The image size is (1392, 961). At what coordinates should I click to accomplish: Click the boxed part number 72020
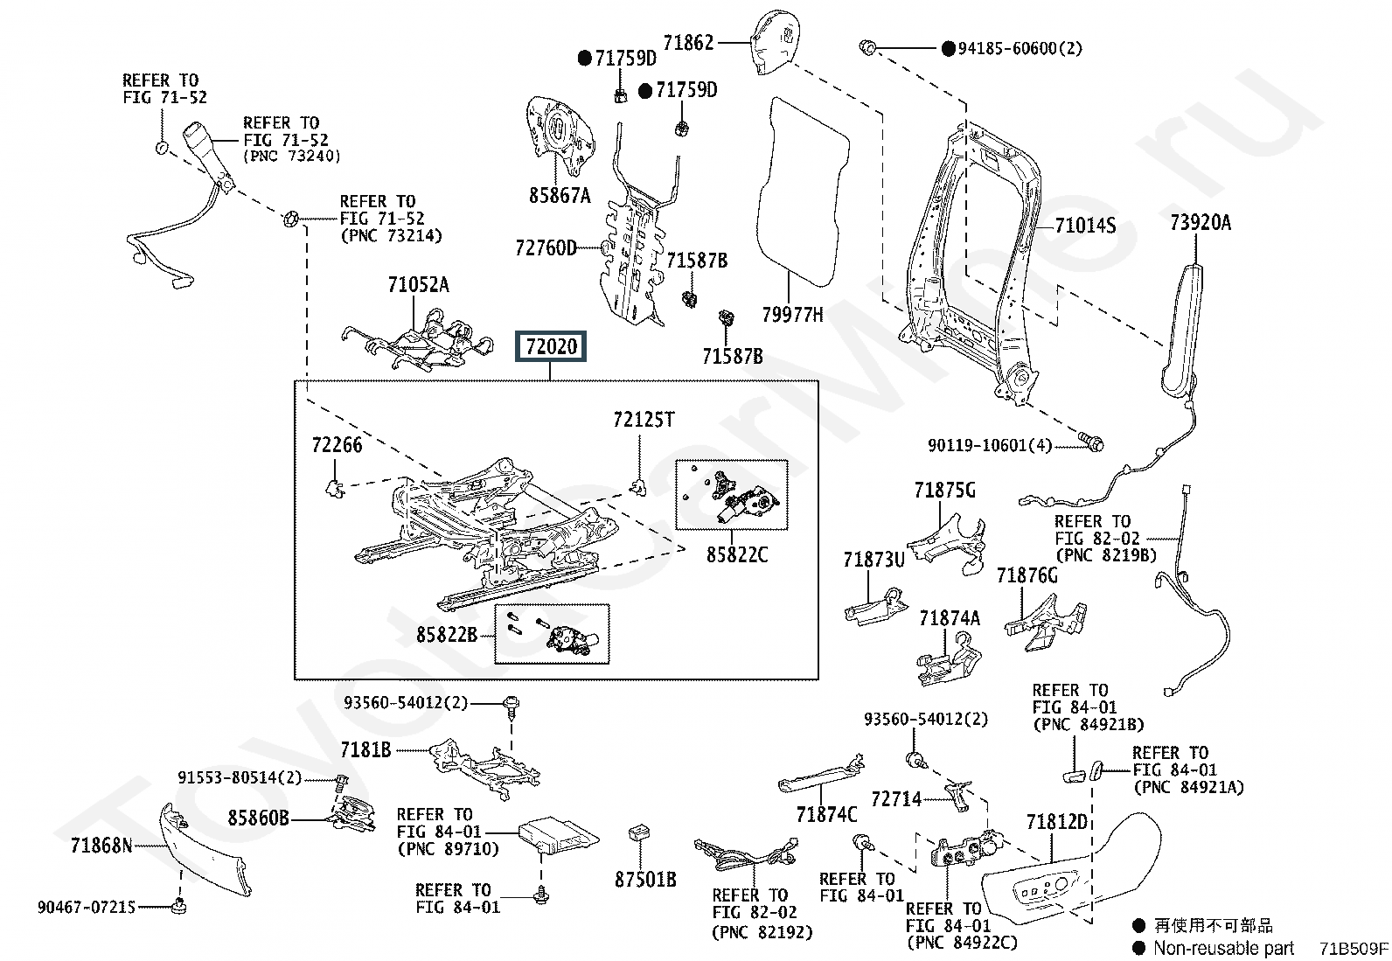coord(552,347)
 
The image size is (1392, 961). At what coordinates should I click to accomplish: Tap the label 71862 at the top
coord(688,42)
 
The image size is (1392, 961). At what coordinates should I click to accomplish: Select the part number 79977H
coord(791,314)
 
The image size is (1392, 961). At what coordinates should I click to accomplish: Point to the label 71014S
coord(1085,226)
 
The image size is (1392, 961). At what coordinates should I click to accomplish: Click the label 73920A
coord(1200,222)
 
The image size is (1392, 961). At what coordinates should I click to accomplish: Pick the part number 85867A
coord(560,195)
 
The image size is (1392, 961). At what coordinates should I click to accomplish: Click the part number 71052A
coord(418,284)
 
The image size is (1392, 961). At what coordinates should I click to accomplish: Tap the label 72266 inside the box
coord(337,445)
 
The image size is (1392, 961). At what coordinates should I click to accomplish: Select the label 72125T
coord(644,420)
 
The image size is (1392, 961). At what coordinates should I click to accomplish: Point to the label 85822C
coord(737,554)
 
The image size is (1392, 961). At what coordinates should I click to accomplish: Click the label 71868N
coord(101,846)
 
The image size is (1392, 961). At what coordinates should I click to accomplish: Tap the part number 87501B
coord(645,879)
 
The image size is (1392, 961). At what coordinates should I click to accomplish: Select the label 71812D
coord(1056,822)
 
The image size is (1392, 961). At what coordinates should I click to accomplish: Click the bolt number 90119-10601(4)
coord(990,445)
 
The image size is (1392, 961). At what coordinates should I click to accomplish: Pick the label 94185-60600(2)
coord(1020,48)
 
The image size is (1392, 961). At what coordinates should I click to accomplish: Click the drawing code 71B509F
coord(1354,948)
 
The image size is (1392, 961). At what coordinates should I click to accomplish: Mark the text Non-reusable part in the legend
coord(1223,948)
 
